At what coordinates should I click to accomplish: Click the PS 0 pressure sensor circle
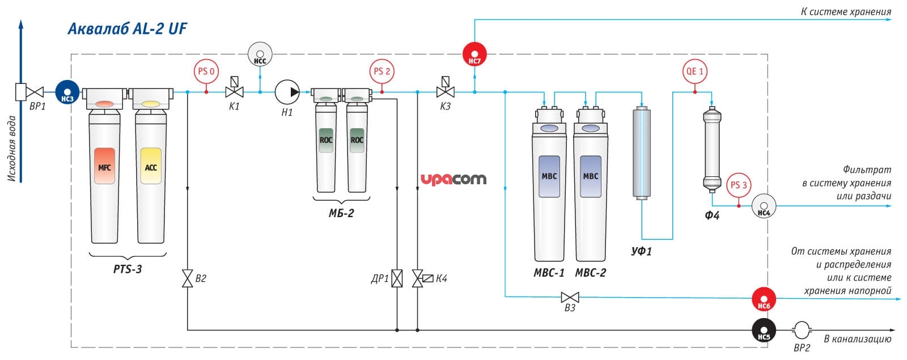(x=206, y=71)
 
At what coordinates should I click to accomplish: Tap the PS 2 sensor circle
(x=382, y=71)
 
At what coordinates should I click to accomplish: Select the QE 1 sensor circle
(x=695, y=71)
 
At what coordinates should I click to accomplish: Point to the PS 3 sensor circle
(x=739, y=185)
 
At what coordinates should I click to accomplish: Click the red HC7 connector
(x=474, y=54)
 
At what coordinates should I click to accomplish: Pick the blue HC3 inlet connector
(x=67, y=92)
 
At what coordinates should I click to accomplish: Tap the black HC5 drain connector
(x=764, y=330)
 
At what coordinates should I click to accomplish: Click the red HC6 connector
(x=764, y=299)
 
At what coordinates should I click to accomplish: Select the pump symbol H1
(x=287, y=92)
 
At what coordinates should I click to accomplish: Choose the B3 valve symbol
(x=570, y=298)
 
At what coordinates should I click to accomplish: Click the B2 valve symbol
(x=187, y=278)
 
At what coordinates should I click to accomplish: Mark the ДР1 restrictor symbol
(x=397, y=278)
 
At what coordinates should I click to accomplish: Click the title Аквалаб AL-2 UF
(x=127, y=29)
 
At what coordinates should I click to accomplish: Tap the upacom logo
(x=453, y=179)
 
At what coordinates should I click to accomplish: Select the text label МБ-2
(x=341, y=213)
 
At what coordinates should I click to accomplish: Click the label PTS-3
(x=128, y=269)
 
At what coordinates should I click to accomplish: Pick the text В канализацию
(x=858, y=338)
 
